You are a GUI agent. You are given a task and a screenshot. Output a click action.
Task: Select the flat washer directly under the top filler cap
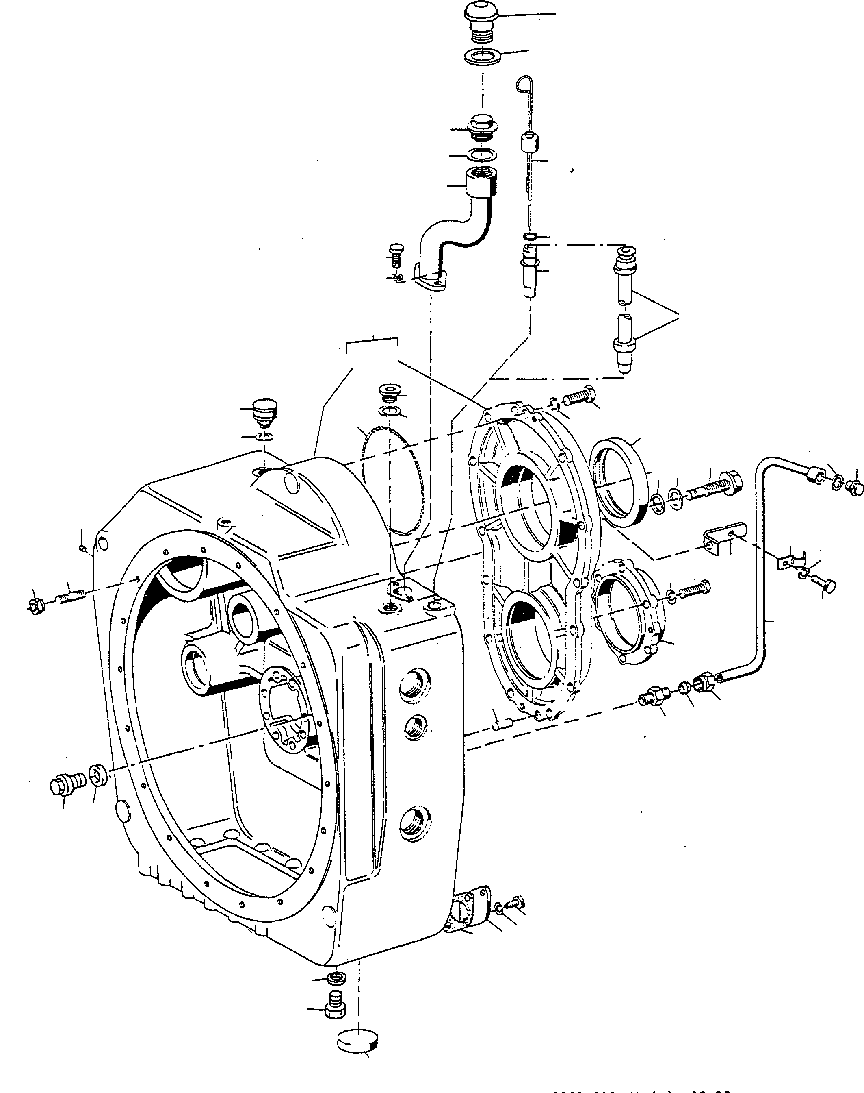point(482,56)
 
